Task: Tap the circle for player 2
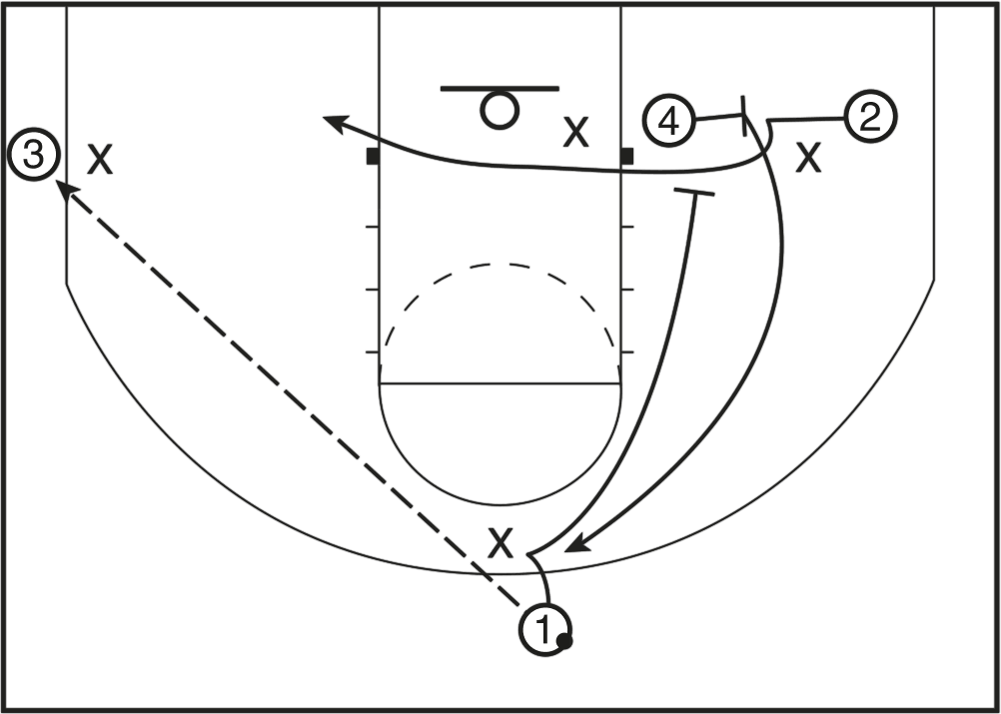pyautogui.click(x=870, y=118)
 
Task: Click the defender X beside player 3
pyautogui.click(x=99, y=158)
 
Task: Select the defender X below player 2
pyautogui.click(x=808, y=157)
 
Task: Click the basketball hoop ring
pyautogui.click(x=500, y=109)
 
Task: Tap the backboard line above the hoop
pyautogui.click(x=500, y=89)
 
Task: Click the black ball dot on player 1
pyautogui.click(x=564, y=641)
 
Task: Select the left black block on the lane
pyautogui.click(x=373, y=157)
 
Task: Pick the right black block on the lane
pyautogui.click(x=626, y=156)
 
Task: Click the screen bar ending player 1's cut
pyautogui.click(x=694, y=194)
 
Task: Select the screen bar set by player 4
pyautogui.click(x=744, y=116)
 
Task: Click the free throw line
pyautogui.click(x=500, y=383)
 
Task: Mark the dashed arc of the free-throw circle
pyautogui.click(x=500, y=266)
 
